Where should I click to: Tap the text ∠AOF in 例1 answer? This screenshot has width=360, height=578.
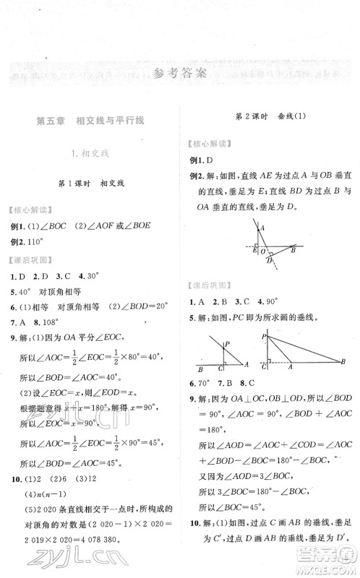pyautogui.click(x=108, y=225)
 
